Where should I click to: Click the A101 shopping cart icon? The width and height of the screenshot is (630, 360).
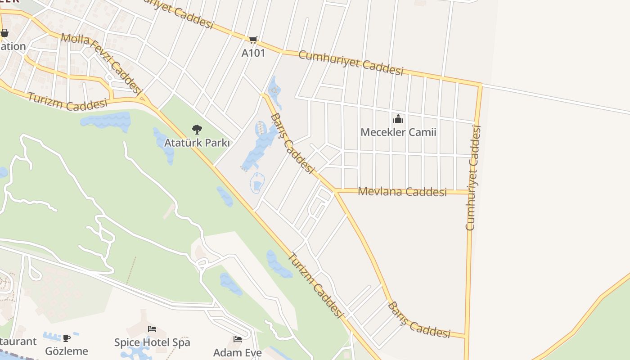253,40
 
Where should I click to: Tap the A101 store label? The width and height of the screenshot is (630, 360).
253,53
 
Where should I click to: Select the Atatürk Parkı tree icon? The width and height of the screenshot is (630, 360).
197,130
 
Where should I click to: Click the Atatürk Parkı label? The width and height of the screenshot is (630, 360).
197,144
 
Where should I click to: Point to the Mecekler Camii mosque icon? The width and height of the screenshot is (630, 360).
398,119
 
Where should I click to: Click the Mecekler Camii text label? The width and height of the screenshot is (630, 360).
398,132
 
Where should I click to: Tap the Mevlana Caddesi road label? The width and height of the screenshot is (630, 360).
402,192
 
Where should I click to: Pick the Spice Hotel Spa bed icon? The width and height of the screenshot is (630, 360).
152,329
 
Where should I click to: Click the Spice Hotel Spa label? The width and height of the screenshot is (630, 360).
152,342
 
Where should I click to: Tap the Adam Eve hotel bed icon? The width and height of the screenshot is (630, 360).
238,339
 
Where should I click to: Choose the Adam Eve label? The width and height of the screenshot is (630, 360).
238,352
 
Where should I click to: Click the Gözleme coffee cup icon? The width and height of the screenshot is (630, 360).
67,337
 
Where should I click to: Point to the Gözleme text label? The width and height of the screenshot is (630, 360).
67,351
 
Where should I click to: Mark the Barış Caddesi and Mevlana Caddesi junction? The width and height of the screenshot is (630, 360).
335,191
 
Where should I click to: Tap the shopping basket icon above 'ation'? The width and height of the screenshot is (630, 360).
4,33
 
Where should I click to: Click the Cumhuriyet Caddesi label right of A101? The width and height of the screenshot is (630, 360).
351,63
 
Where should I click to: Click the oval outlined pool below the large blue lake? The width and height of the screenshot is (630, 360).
257,183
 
